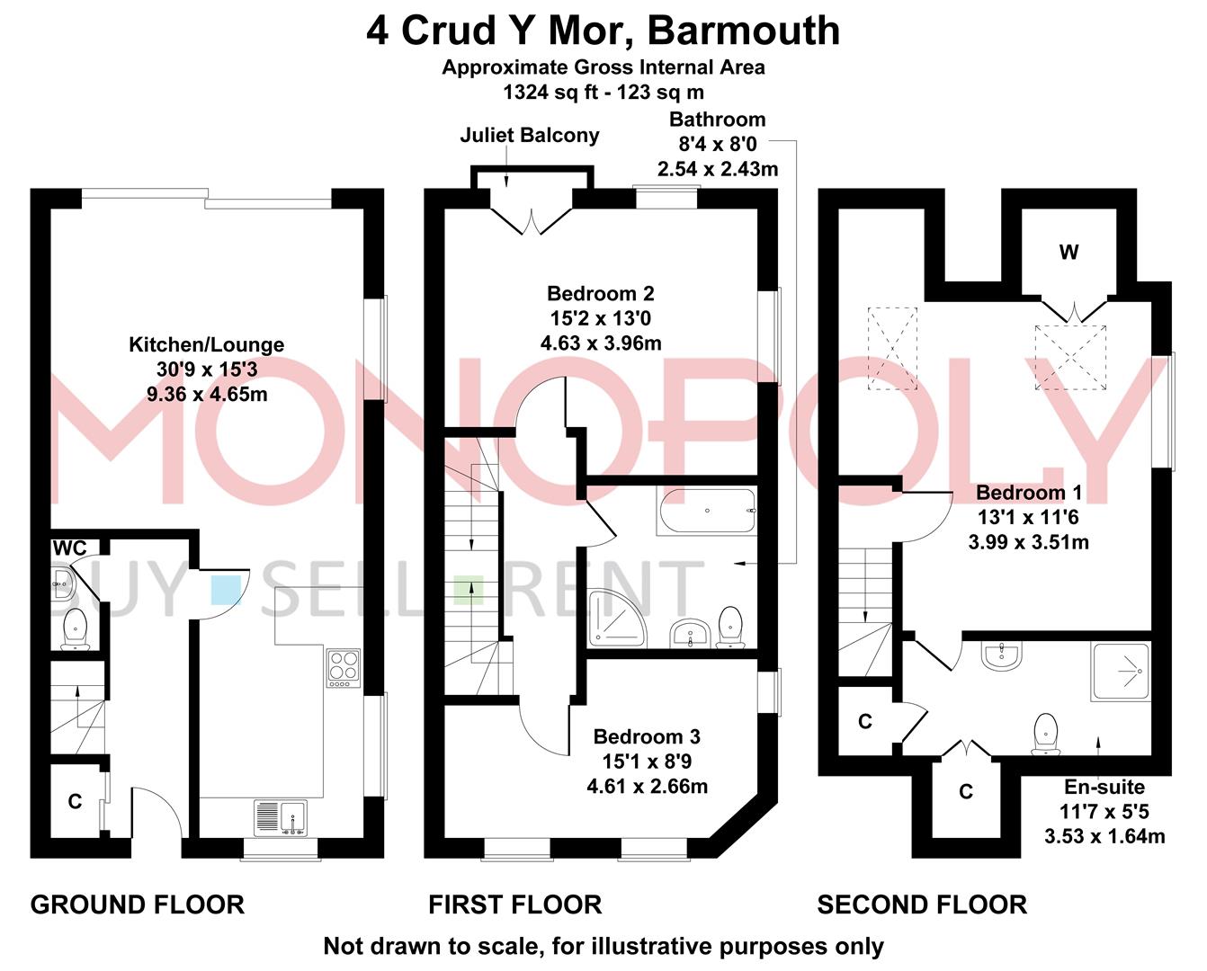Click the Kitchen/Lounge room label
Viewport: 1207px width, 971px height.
click(x=206, y=344)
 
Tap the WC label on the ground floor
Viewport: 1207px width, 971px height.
click(x=69, y=548)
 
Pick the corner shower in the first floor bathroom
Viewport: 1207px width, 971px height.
click(x=617, y=619)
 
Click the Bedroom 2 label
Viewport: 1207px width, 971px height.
click(x=600, y=294)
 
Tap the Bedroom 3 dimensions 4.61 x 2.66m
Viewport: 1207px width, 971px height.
click(x=647, y=786)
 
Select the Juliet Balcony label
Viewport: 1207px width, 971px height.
click(x=529, y=136)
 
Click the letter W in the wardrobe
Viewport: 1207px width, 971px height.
click(x=1068, y=253)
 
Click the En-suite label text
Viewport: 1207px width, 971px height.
click(x=1104, y=788)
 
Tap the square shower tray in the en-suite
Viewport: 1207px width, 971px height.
click(x=1120, y=672)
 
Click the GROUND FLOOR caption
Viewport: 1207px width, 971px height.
click(x=138, y=904)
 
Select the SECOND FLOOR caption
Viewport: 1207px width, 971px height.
click(x=921, y=904)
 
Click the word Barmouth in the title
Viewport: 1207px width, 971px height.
click(x=744, y=31)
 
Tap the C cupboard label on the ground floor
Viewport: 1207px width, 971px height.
click(x=75, y=801)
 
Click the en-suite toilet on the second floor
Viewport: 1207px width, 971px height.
click(x=1045, y=733)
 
